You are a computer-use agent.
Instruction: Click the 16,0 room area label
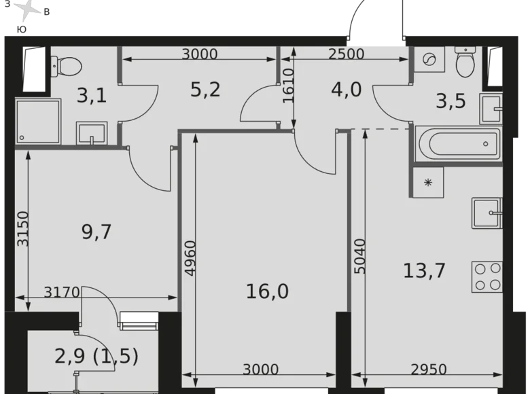[x=267, y=291]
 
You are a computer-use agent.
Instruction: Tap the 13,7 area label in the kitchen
[x=423, y=271]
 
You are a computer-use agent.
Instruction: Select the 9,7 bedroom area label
[x=96, y=232]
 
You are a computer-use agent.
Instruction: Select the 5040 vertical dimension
[x=359, y=255]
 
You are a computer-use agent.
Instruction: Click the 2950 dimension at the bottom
[x=429, y=370]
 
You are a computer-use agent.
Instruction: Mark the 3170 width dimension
[x=63, y=293]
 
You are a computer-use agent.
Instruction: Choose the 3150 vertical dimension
[x=22, y=229]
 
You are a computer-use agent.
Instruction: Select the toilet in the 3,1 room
[x=66, y=66]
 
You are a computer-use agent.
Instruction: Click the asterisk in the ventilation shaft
[x=428, y=182]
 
